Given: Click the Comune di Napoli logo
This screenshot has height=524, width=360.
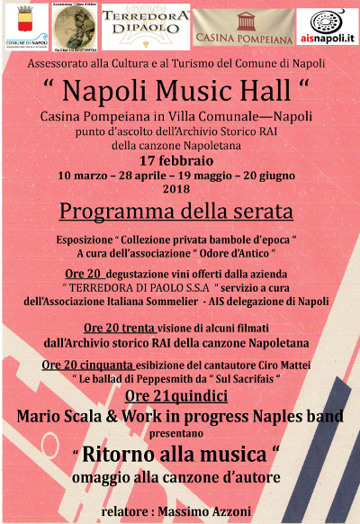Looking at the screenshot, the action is tap(26, 24).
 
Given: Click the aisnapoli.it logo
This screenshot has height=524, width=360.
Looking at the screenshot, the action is tap(327, 25).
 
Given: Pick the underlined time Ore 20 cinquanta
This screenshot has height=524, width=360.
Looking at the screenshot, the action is tap(90, 365).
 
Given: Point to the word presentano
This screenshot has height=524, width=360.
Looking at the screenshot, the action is tap(179, 433).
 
